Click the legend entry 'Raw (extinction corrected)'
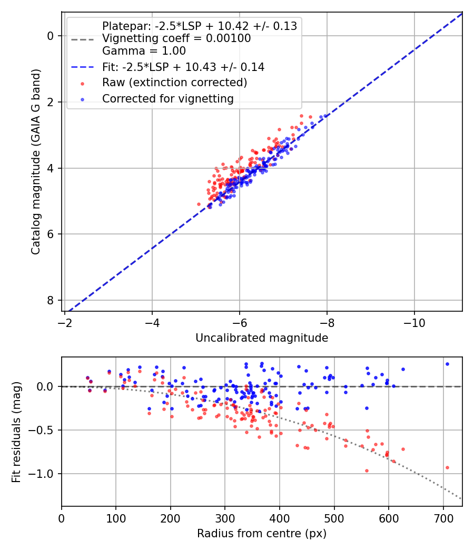click(174, 83)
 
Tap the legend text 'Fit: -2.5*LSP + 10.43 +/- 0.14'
click(183, 67)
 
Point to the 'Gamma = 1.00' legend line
click(144, 51)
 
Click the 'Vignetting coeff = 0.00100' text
click(176, 38)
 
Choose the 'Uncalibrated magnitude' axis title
click(262, 338)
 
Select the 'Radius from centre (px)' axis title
click(262, 534)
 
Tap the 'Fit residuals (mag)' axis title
click(17, 432)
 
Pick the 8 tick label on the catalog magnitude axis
click(51, 300)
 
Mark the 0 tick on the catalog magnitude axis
click(51, 36)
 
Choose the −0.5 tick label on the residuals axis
click(44, 430)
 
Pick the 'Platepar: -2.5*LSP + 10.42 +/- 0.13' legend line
click(199, 26)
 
